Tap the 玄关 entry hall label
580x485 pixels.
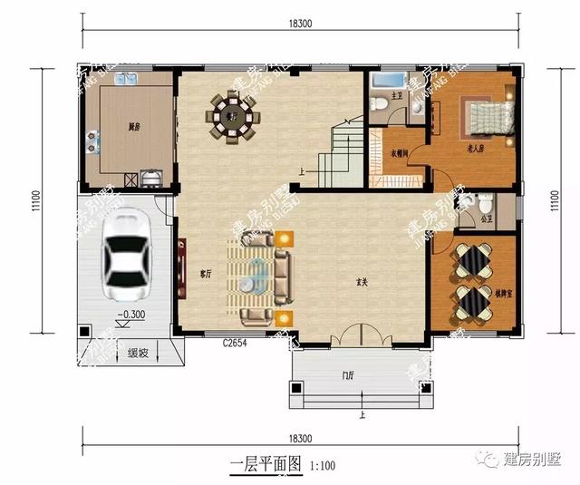tap(362, 284)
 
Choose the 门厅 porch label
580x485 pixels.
tap(348, 374)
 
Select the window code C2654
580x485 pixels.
tap(235, 342)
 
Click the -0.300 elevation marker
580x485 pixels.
tap(132, 315)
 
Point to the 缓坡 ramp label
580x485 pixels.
tap(139, 353)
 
